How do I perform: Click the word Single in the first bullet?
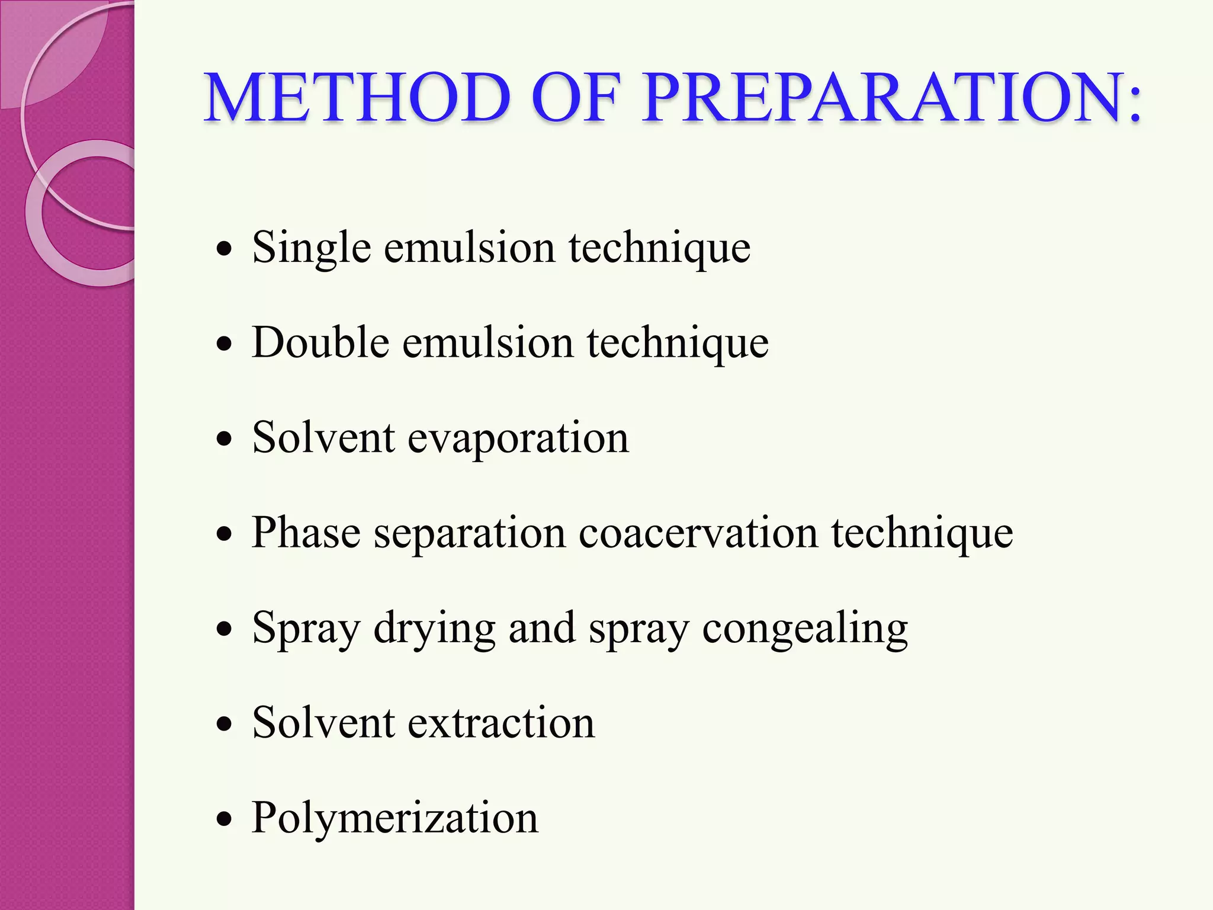pyautogui.click(x=311, y=248)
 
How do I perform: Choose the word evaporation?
pyautogui.click(x=518, y=438)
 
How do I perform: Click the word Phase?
pyautogui.click(x=306, y=533)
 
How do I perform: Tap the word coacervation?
pyautogui.click(x=698, y=533)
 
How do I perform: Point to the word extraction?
pyautogui.click(x=501, y=723)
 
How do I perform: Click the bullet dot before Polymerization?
pyautogui.click(x=224, y=820)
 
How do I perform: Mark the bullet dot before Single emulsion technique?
pyautogui.click(x=224, y=249)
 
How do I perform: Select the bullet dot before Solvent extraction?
pyautogui.click(x=224, y=725)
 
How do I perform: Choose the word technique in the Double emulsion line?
pyautogui.click(x=678, y=344)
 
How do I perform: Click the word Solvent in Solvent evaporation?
pyautogui.click(x=323, y=438)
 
